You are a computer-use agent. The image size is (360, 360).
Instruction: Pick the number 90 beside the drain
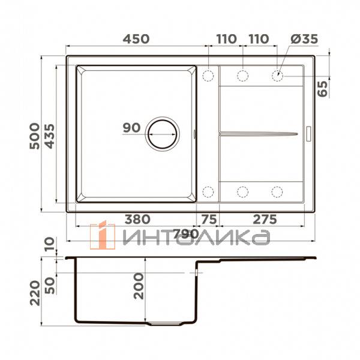point(131,127)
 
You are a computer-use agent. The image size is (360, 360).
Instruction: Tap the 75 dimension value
point(208,220)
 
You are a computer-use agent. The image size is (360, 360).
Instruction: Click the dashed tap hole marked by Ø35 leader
point(278,76)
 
